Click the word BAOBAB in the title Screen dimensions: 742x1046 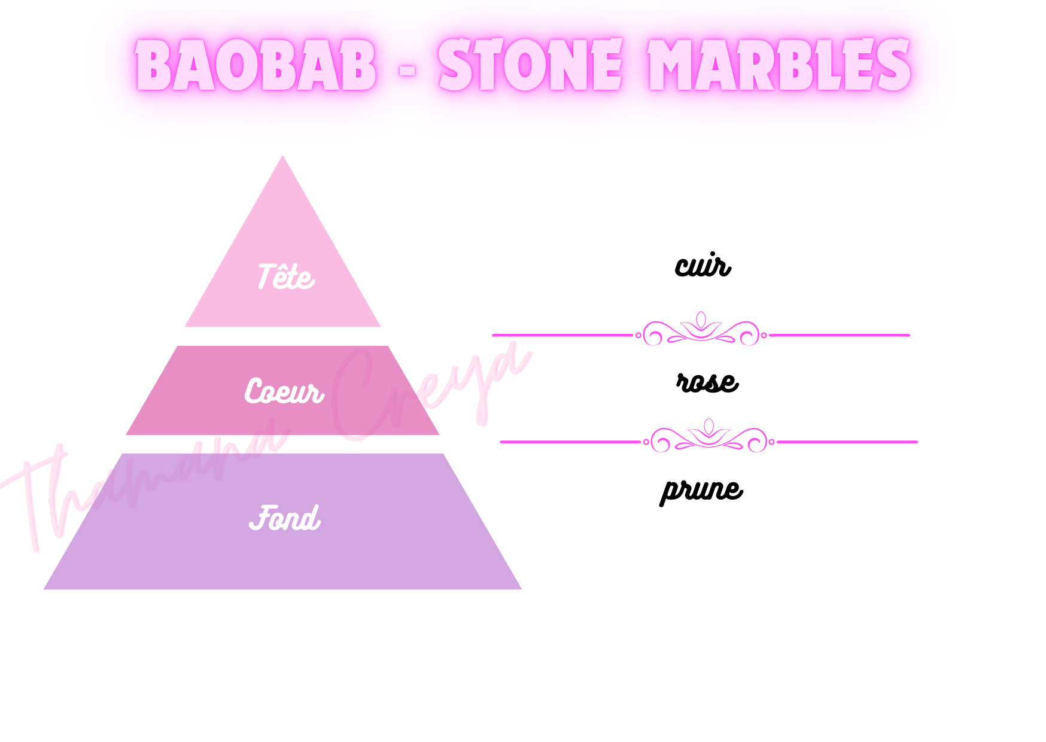[x=256, y=66]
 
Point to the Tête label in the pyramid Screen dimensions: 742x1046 [x=285, y=277]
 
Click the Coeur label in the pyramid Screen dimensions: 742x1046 [x=284, y=391]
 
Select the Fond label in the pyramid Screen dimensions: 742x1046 [x=285, y=518]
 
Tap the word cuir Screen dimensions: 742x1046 [x=703, y=266]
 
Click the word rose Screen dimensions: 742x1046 [x=707, y=382]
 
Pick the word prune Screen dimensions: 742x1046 [x=701, y=491]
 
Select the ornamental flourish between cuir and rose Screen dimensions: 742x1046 [x=701, y=331]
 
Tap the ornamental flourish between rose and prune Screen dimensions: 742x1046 [x=709, y=437]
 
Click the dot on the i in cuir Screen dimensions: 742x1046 [x=714, y=254]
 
